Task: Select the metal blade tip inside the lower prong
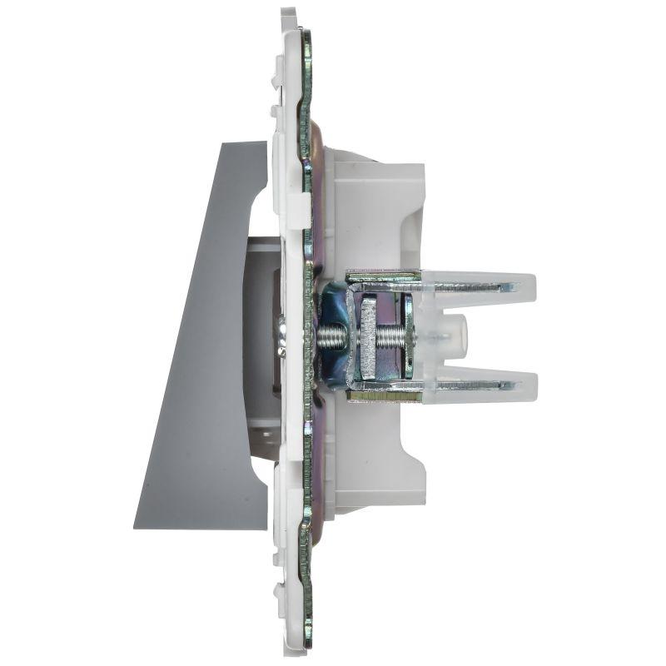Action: coord(504,385)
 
